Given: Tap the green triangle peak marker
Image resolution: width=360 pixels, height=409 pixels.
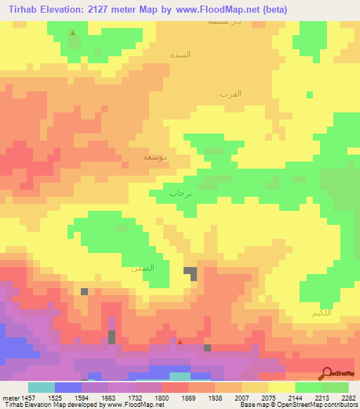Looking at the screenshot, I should [x=73, y=32].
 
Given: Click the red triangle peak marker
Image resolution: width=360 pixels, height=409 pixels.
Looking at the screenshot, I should [x=180, y=342].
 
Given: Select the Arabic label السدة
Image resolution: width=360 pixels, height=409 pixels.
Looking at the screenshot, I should [x=181, y=55].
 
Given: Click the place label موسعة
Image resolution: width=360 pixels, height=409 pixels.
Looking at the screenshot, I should [x=155, y=157].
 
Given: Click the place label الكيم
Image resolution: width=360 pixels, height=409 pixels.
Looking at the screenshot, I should [x=323, y=312].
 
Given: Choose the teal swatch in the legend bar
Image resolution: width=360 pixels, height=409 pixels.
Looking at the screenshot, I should [x=41, y=387].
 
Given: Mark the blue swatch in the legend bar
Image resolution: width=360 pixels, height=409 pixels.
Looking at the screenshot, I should [x=67, y=387].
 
